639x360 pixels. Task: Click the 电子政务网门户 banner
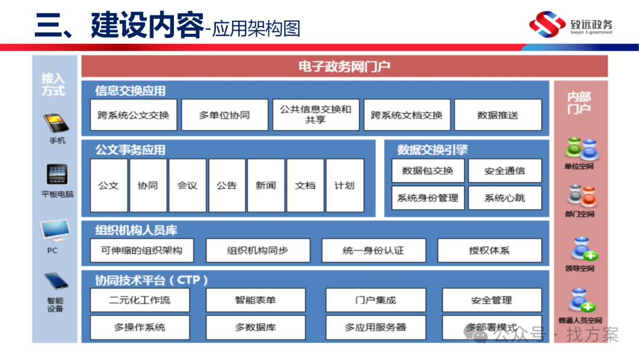[x=344, y=66]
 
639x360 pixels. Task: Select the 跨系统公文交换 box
[x=134, y=115]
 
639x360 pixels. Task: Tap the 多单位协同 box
[x=224, y=115]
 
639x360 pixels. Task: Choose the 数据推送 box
[x=498, y=115]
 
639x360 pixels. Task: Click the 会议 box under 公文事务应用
[x=187, y=185]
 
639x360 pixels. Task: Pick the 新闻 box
[x=266, y=185]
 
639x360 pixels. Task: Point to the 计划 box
[x=344, y=185]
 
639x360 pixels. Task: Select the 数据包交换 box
[x=428, y=171]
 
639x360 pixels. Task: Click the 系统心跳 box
[x=505, y=198]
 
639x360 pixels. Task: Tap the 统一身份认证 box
[x=373, y=250]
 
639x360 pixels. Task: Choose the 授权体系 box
[x=489, y=250]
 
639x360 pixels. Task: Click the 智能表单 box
[x=256, y=300]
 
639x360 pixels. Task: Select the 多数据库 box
[x=256, y=327]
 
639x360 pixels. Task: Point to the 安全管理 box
[x=492, y=300]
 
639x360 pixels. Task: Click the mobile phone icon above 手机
[x=57, y=123]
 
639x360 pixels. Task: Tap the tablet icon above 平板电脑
[x=57, y=175]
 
